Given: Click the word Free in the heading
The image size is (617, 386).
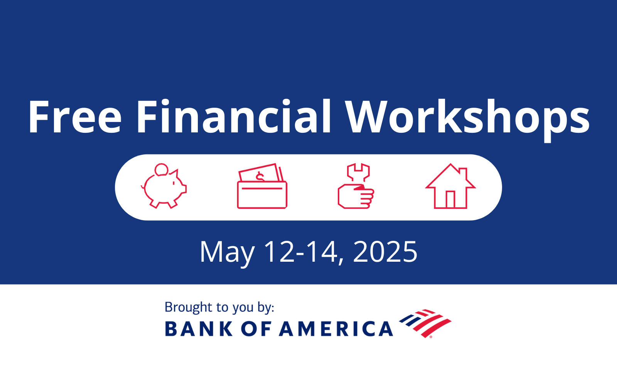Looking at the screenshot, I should tap(75, 117).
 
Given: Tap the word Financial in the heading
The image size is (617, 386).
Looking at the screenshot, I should tap(233, 117).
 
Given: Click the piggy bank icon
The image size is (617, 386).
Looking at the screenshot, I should tap(164, 188).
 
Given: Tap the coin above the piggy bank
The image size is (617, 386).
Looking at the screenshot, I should tap(161, 169).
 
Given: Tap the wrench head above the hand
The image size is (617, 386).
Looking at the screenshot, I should tap(358, 171).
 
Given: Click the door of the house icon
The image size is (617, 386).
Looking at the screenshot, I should tap(450, 199).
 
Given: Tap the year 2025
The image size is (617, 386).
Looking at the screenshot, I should tap(385, 252).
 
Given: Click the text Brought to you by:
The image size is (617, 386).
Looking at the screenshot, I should tap(219, 307).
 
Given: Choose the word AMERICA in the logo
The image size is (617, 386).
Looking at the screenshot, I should tap(336, 329).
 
